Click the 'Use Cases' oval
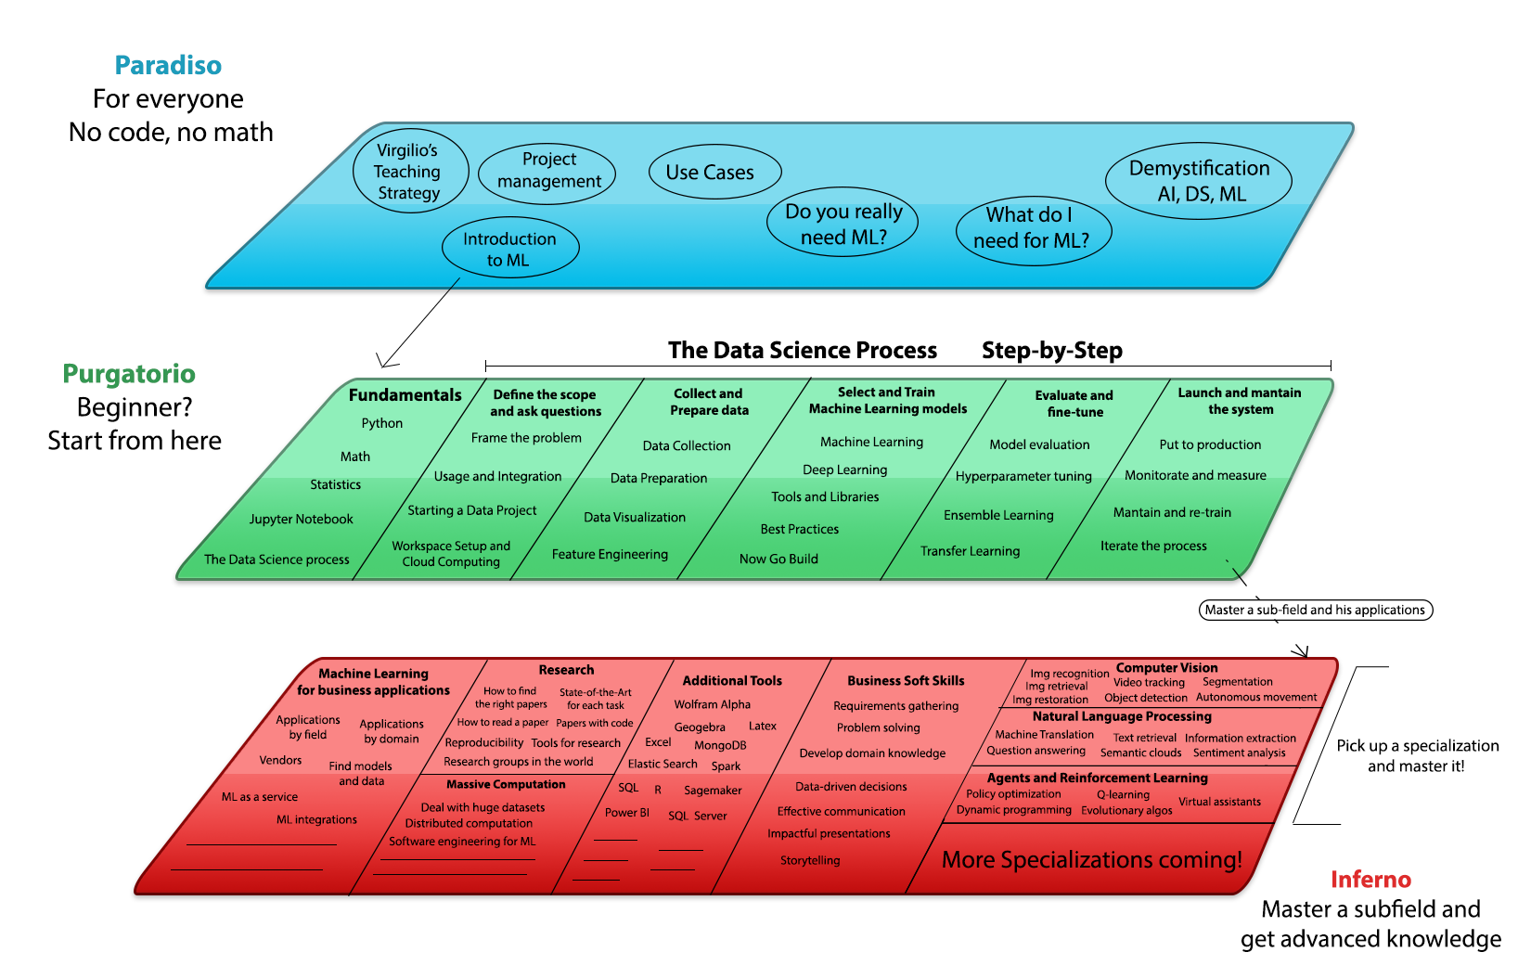click(x=710, y=173)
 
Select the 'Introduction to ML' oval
click(x=509, y=249)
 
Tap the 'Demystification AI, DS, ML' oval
click(x=1199, y=181)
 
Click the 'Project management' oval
click(x=548, y=171)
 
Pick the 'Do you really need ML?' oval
click(x=843, y=224)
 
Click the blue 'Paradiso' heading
click(x=168, y=65)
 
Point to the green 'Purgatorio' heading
click(x=129, y=374)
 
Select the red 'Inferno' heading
click(x=1370, y=880)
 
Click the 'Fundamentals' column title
click(x=405, y=395)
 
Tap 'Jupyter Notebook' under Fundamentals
click(x=301, y=520)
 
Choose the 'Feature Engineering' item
click(x=610, y=554)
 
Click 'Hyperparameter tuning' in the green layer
click(x=1023, y=476)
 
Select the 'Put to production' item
click(x=1210, y=444)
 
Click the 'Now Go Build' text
click(x=778, y=559)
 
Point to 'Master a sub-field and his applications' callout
click(x=1315, y=610)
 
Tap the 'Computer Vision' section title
click(x=1166, y=668)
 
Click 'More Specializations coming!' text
click(x=1091, y=860)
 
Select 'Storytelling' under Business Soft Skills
click(x=810, y=860)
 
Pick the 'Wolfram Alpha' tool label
click(x=712, y=704)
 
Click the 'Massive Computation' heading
click(x=506, y=785)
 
